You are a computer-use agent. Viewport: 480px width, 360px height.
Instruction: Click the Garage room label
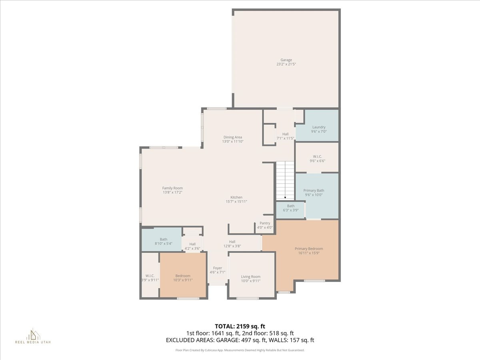(x=286, y=60)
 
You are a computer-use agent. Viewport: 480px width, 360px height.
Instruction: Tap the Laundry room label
(x=319, y=127)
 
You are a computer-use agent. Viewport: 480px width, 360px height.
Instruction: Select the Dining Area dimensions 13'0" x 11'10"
(x=233, y=141)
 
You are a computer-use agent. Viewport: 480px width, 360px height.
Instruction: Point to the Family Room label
(x=172, y=188)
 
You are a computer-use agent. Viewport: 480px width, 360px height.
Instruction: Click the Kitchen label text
(x=236, y=197)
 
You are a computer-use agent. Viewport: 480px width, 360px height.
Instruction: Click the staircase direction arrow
(x=285, y=197)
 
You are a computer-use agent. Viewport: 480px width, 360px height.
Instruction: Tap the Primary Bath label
(x=314, y=190)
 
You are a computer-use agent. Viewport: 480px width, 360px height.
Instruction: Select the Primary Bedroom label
(x=309, y=248)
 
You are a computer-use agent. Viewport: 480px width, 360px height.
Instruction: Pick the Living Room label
(x=251, y=276)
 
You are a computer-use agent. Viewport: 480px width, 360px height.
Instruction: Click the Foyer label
(x=217, y=268)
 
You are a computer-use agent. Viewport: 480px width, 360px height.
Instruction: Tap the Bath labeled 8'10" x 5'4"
(x=164, y=239)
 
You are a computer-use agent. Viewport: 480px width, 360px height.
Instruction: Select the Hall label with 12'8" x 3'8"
(x=232, y=242)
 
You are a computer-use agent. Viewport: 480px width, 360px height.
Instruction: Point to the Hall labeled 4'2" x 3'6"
(x=192, y=244)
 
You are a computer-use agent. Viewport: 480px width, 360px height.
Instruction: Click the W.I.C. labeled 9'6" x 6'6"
(x=318, y=156)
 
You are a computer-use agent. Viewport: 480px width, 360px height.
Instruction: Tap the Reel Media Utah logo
(x=33, y=336)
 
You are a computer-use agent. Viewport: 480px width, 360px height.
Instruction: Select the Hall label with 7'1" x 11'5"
(x=285, y=134)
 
